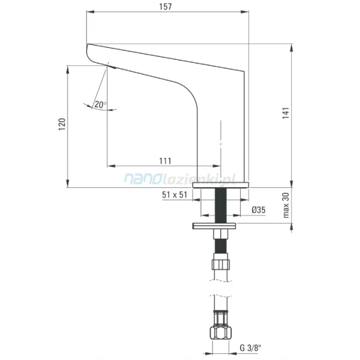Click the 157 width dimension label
[x=166, y=7]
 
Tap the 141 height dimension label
[x=286, y=113]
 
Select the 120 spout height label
[x=62, y=124]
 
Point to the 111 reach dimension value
[x=166, y=161]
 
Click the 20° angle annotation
[x=100, y=104]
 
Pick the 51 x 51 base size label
[x=175, y=194]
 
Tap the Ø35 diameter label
[x=259, y=209]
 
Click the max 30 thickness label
[x=286, y=205]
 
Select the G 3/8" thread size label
[x=250, y=348]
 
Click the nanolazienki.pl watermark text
[x=180, y=178]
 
